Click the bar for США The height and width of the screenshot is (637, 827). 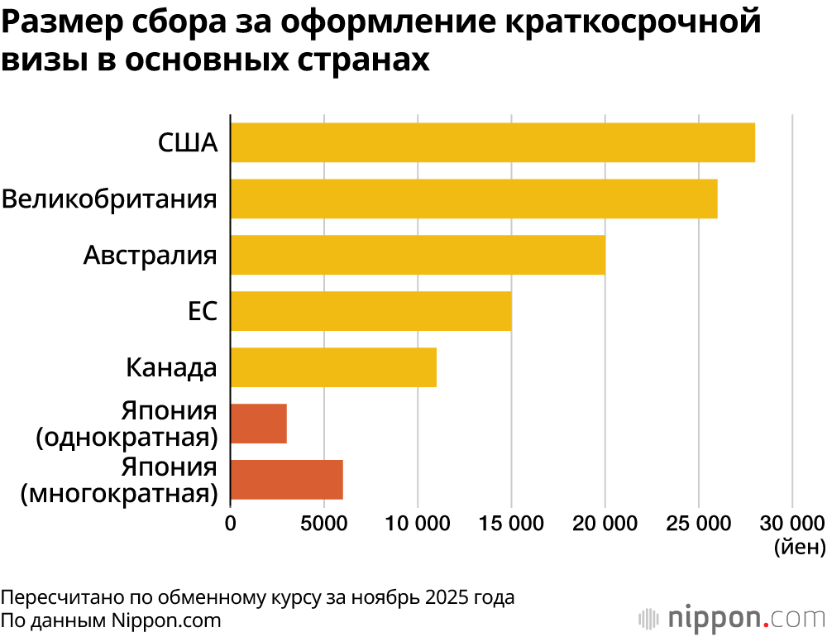[x=492, y=142]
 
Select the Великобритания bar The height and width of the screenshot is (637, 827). [x=473, y=199]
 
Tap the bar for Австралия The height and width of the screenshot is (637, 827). [x=418, y=255]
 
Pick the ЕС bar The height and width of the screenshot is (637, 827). [x=370, y=311]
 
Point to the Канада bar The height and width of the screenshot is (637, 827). [x=333, y=367]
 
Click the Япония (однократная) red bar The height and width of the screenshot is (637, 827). [x=259, y=424]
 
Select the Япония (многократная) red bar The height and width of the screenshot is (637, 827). [x=287, y=480]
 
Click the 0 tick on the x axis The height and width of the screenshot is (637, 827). [x=231, y=523]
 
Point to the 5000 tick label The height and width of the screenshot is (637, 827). [x=323, y=523]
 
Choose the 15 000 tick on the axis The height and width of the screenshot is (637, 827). [x=511, y=523]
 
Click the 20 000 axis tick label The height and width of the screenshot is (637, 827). [x=605, y=523]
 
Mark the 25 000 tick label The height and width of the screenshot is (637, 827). [x=699, y=523]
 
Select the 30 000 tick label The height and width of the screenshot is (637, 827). [x=791, y=523]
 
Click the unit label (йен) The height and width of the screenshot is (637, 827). [x=799, y=547]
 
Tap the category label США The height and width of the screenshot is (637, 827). [x=188, y=142]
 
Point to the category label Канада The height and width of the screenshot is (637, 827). [x=171, y=367]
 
